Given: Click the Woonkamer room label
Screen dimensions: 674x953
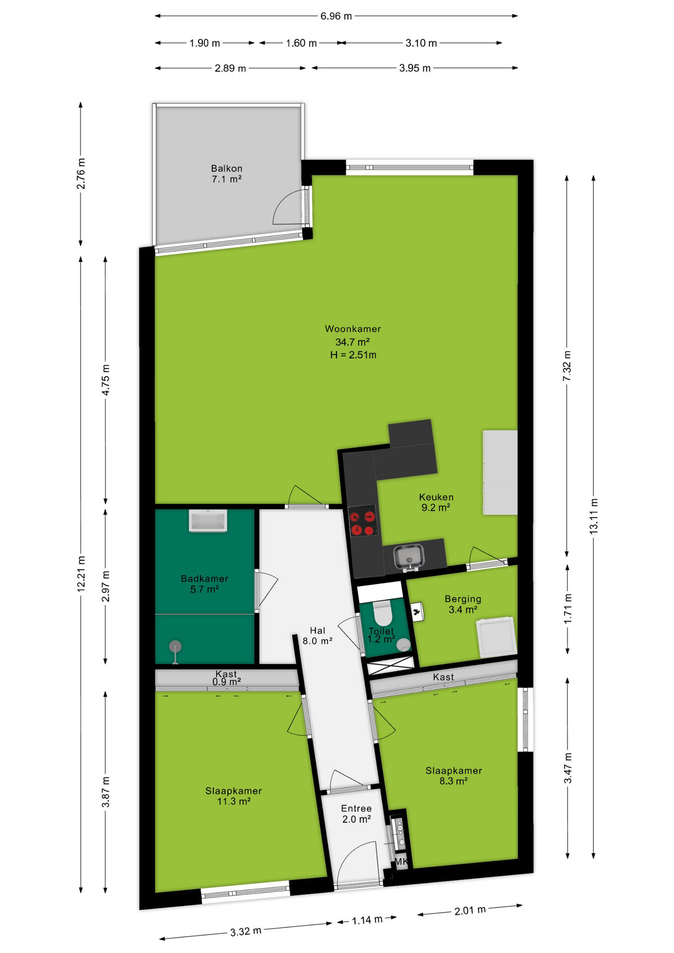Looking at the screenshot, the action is pyautogui.click(x=353, y=329).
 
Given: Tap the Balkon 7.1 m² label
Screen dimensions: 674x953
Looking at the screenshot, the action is pyautogui.click(x=227, y=174).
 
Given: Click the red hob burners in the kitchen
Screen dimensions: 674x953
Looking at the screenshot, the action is pyautogui.click(x=362, y=521).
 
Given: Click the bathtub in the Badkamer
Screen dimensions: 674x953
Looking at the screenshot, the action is pyautogui.click(x=208, y=521).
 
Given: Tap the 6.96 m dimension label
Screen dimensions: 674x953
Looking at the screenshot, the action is pyautogui.click(x=336, y=16).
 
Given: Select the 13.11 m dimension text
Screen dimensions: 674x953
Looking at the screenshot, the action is pyautogui.click(x=594, y=516).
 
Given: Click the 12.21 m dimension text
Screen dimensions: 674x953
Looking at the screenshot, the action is pyautogui.click(x=81, y=574).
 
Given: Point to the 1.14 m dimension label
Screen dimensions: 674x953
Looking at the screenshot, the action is pyautogui.click(x=367, y=920).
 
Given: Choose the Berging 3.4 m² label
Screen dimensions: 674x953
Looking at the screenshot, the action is pyautogui.click(x=463, y=604).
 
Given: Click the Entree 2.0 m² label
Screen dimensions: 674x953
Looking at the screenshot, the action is pyautogui.click(x=356, y=814).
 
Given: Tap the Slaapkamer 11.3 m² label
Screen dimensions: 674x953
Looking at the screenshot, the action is pyautogui.click(x=233, y=796).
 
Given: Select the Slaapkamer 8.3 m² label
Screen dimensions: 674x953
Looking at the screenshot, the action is pyautogui.click(x=454, y=775).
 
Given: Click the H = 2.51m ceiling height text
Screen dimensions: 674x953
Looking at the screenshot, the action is pyautogui.click(x=353, y=355).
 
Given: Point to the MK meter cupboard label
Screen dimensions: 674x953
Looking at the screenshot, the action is pyautogui.click(x=401, y=862).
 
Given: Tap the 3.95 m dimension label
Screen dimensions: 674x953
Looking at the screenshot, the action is pyautogui.click(x=415, y=68).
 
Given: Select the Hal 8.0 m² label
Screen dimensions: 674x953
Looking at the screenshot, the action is pyautogui.click(x=318, y=635).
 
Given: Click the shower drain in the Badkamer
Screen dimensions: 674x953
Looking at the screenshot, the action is pyautogui.click(x=175, y=647).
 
